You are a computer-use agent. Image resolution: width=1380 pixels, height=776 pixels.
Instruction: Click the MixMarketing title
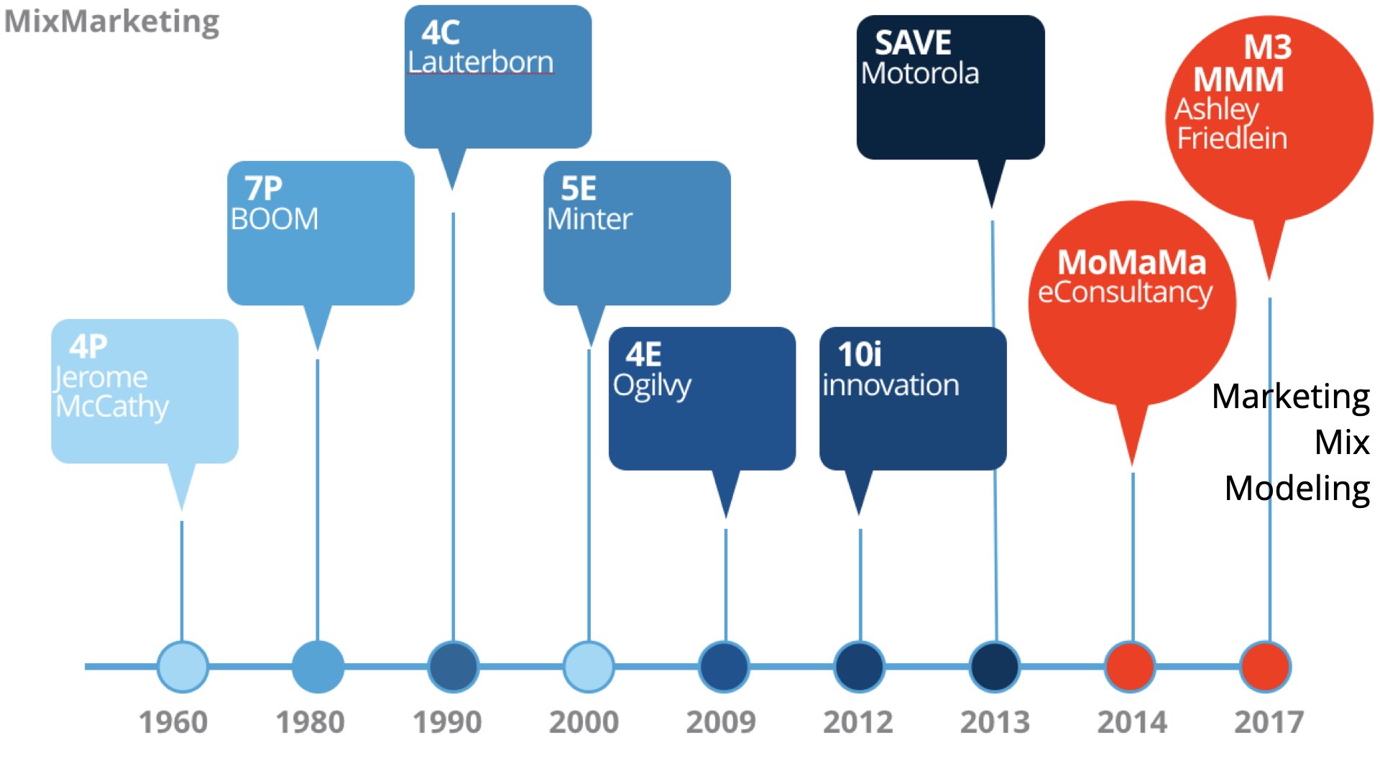(x=111, y=22)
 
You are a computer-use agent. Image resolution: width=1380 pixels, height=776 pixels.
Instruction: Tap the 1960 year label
(x=173, y=722)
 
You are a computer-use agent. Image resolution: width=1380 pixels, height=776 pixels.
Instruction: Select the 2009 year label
(x=721, y=722)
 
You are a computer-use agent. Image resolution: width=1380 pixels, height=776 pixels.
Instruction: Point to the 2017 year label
(x=1269, y=722)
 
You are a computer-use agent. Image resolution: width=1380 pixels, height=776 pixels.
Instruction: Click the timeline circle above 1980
(x=318, y=667)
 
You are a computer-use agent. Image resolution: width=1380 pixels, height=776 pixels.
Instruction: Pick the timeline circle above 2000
(x=589, y=667)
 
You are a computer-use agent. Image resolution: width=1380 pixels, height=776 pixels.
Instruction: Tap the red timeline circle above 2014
(x=1131, y=667)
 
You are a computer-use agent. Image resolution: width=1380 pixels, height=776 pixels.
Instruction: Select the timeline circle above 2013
(x=995, y=667)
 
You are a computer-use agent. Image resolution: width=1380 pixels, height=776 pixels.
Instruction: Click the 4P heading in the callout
(x=88, y=346)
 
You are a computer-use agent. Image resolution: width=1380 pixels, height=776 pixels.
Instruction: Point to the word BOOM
(x=275, y=219)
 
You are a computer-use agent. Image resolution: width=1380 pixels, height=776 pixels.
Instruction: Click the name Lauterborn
(x=481, y=62)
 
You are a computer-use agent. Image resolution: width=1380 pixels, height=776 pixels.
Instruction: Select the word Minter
(x=589, y=219)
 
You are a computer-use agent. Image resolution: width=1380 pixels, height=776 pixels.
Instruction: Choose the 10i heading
(x=860, y=354)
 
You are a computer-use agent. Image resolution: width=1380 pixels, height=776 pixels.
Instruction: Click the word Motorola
(x=920, y=73)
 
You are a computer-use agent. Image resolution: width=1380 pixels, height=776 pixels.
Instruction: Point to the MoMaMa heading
(x=1132, y=262)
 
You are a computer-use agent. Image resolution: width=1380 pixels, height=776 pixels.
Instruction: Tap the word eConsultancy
(x=1126, y=292)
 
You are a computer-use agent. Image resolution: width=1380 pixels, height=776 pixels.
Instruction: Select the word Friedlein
(x=1232, y=138)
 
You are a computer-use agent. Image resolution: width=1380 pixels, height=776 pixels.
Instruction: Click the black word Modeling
(x=1297, y=489)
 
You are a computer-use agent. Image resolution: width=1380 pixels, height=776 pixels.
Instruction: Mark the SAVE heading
(x=913, y=43)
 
